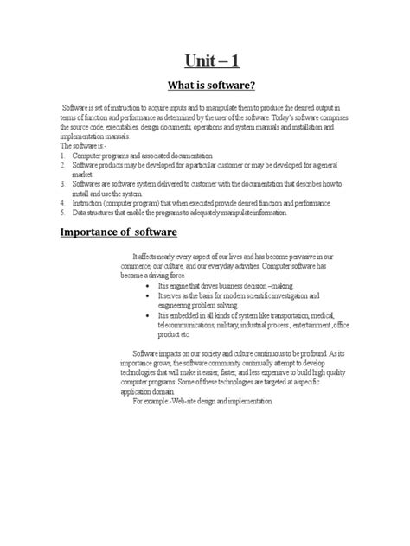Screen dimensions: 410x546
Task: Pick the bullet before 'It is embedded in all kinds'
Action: coord(152,316)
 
